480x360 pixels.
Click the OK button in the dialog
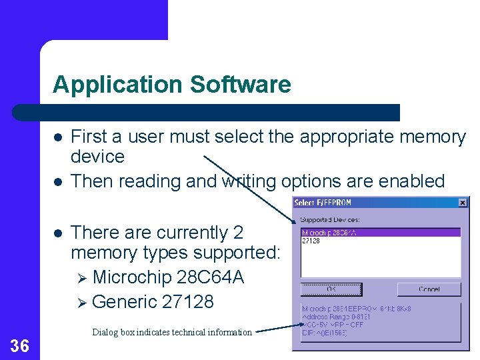point(331,289)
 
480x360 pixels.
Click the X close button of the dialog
point(463,203)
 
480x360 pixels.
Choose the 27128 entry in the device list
point(311,241)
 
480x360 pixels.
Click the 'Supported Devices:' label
point(329,219)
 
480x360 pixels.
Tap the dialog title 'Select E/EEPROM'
point(323,203)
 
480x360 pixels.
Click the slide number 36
point(20,345)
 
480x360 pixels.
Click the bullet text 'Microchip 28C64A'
point(168,277)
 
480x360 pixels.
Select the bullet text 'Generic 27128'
point(153,302)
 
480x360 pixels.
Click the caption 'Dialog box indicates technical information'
point(172,332)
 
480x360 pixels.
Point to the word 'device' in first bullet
point(97,157)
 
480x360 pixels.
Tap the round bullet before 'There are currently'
point(59,233)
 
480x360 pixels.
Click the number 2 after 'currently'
point(239,233)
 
